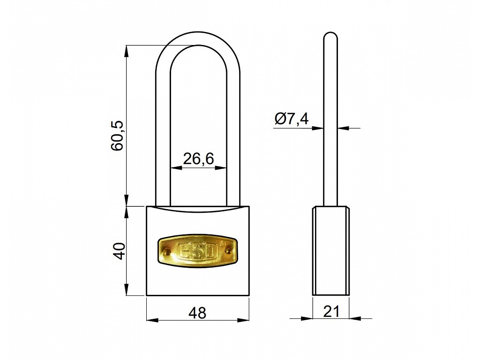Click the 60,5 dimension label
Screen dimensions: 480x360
(117, 135)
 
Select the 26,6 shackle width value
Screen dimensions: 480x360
(198, 159)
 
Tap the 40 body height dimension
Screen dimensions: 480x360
(119, 251)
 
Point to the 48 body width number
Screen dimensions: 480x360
(197, 313)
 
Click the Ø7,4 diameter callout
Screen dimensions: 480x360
(292, 119)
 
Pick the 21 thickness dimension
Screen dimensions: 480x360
(331, 312)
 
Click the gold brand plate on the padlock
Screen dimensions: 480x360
(198, 251)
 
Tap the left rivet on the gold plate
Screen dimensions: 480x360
(167, 251)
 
